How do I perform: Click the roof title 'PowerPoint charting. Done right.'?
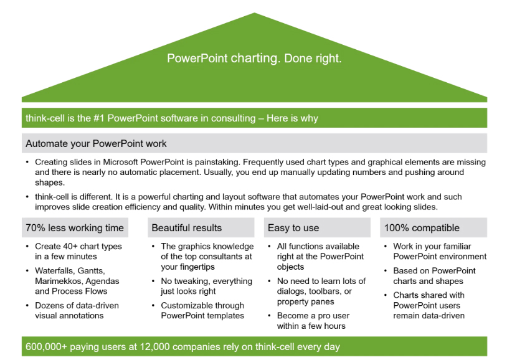click(x=254, y=59)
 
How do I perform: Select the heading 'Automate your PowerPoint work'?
click(x=96, y=143)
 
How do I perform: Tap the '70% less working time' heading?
click(x=75, y=228)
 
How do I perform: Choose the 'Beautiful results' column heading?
click(x=187, y=228)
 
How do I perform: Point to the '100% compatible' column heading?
click(x=422, y=228)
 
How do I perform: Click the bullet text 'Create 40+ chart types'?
click(x=78, y=247)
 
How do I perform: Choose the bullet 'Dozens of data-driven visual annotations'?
click(x=76, y=310)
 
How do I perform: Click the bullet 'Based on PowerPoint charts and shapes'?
click(x=434, y=276)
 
